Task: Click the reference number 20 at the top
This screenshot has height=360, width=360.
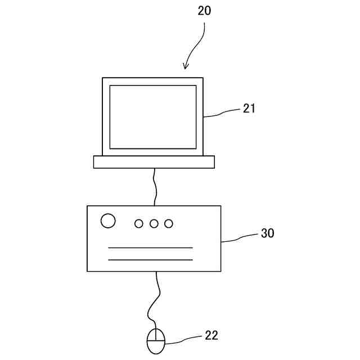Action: pyautogui.click(x=204, y=11)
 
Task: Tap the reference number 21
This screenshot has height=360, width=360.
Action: pyautogui.click(x=249, y=109)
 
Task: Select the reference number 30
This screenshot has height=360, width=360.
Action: pyautogui.click(x=267, y=233)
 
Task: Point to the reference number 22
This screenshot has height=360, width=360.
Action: pyautogui.click(x=211, y=336)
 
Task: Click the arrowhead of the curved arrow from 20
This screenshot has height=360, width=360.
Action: pyautogui.click(x=186, y=67)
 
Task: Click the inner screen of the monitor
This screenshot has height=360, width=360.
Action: pyautogui.click(x=152, y=117)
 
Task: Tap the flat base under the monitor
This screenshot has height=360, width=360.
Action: pyautogui.click(x=154, y=162)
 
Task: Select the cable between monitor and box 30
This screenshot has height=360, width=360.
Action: pyautogui.click(x=155, y=187)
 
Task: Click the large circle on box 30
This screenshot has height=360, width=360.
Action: pyautogui.click(x=108, y=221)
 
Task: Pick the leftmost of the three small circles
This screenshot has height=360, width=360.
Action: pyautogui.click(x=139, y=224)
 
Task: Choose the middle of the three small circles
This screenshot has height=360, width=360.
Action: pyautogui.click(x=154, y=224)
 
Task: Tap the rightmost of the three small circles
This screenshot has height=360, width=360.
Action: pyautogui.click(x=168, y=224)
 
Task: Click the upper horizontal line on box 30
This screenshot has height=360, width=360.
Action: pyautogui.click(x=150, y=247)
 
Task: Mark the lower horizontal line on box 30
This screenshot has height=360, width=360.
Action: pyautogui.click(x=150, y=260)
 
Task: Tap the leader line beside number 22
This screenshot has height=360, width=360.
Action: pyautogui.click(x=183, y=340)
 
